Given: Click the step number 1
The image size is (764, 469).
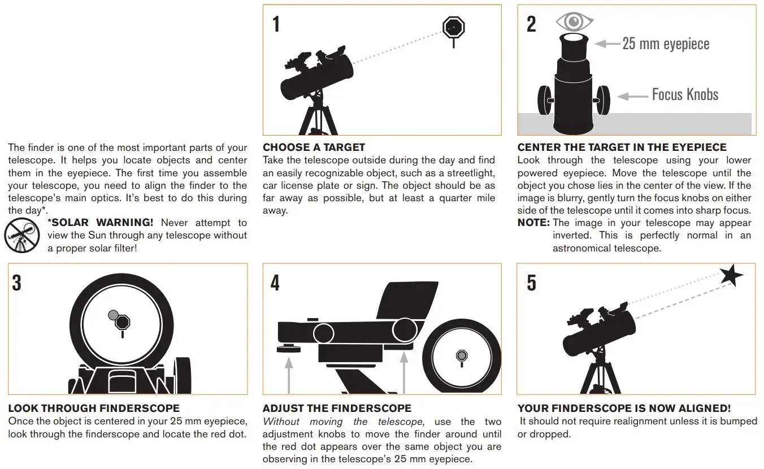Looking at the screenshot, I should (x=276, y=24).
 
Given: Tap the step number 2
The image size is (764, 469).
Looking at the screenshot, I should (x=531, y=24).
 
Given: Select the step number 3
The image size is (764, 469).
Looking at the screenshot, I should (x=17, y=283).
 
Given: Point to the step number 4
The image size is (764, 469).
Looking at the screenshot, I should (x=275, y=283).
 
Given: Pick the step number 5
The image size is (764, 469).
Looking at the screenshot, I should (x=531, y=283).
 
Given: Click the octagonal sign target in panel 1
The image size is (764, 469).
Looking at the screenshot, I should (x=453, y=28).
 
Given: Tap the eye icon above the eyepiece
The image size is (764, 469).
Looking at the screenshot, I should (x=575, y=21).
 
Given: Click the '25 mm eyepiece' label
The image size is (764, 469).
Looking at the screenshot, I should (x=666, y=44).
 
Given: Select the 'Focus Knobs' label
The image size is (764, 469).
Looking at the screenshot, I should (x=685, y=94).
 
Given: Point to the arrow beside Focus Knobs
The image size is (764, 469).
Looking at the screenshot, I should (x=632, y=97).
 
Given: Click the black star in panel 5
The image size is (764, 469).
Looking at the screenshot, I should (x=731, y=276).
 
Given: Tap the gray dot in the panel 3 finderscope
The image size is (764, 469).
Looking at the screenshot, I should (x=114, y=315).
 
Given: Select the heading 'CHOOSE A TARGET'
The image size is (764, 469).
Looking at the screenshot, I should (x=314, y=147).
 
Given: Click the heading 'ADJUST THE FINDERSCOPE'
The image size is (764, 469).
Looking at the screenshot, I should (x=337, y=409).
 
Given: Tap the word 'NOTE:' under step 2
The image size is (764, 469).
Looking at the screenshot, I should (x=533, y=223).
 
